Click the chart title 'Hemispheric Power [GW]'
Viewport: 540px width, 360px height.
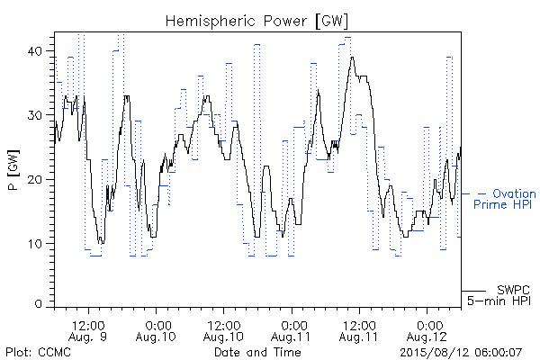click(256, 21)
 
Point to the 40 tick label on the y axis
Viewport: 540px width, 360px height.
click(34, 51)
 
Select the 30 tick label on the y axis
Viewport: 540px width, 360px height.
click(34, 115)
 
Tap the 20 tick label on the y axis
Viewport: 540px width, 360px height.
click(34, 179)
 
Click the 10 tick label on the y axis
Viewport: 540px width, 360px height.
click(34, 244)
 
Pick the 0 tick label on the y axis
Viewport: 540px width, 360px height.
click(39, 304)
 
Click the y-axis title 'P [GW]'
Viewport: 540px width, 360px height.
click(13, 170)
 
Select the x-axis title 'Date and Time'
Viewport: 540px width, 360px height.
click(257, 352)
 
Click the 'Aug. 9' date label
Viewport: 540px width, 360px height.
click(87, 337)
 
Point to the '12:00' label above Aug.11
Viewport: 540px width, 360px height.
click(359, 326)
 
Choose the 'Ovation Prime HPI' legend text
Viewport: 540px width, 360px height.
click(504, 199)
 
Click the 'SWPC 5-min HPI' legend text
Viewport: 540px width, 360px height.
click(499, 295)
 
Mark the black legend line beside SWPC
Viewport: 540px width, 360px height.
click(473, 291)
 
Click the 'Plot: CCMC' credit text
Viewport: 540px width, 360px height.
click(38, 352)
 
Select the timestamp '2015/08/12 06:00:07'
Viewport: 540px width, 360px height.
click(461, 353)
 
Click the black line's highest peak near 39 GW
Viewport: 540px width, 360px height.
click(352, 58)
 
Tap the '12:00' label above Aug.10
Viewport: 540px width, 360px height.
click(223, 326)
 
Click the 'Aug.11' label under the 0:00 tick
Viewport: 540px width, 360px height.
click(291, 337)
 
